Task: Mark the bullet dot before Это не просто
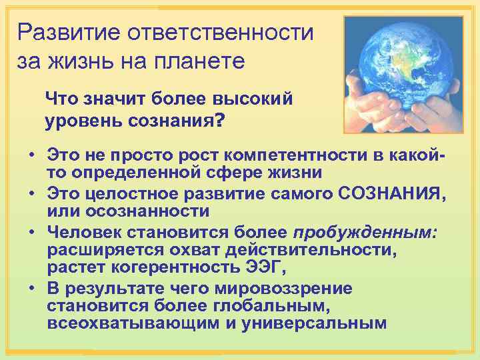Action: (x=31, y=155)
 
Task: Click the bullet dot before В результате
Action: (x=31, y=289)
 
